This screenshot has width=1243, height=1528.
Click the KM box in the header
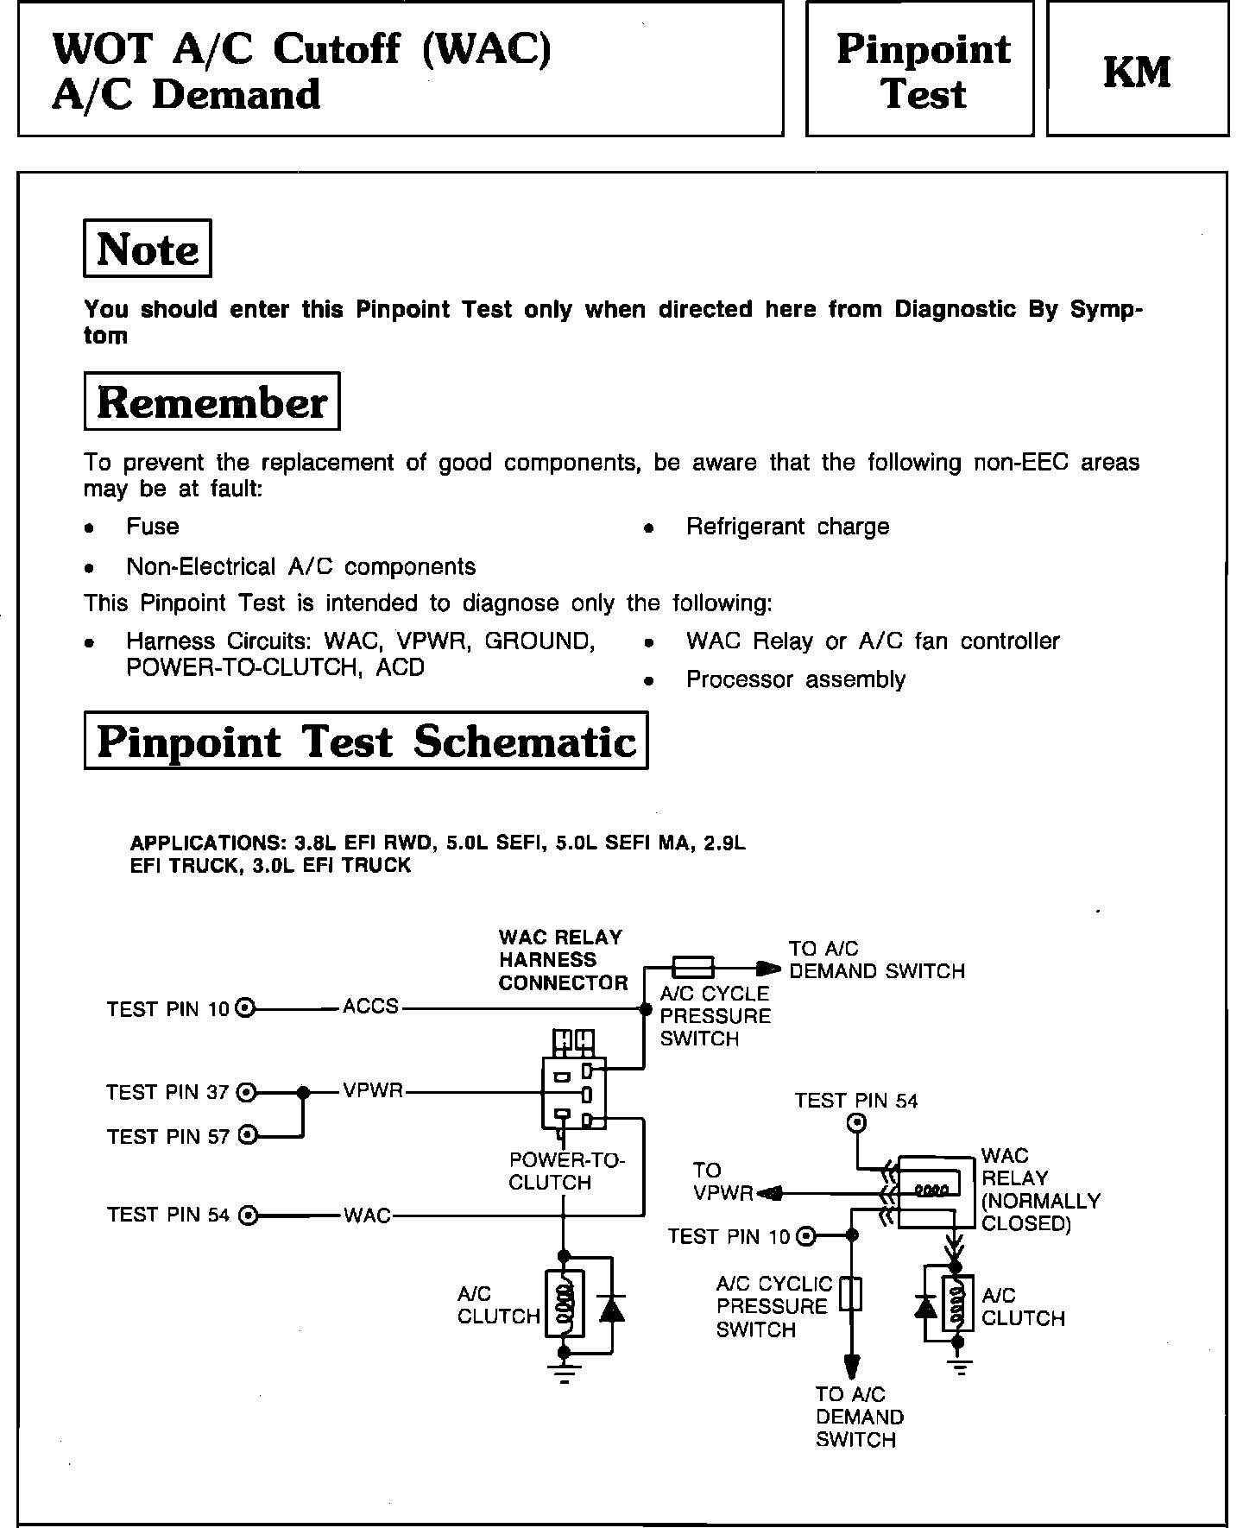coord(1137,69)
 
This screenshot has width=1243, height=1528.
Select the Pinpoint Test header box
coord(919,69)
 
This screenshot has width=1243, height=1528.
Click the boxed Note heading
coord(147,249)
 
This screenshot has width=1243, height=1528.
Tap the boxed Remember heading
coord(211,401)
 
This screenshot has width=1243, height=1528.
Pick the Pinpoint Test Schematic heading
coord(366,741)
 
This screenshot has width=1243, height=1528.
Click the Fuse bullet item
coord(152,527)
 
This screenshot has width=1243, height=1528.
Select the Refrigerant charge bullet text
coord(787,527)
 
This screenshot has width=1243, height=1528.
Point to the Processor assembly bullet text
coord(795,679)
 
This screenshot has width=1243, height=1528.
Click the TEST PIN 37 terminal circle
coord(247,1092)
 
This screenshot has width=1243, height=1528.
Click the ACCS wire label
coord(370,1007)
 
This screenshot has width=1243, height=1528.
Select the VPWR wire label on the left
coord(373,1091)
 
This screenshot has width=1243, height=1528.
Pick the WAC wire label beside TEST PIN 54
coord(367,1215)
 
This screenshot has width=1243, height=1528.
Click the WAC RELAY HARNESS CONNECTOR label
coord(563,960)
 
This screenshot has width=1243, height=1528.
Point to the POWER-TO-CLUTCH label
coord(566,1171)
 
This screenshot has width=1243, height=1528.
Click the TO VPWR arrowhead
coord(767,1194)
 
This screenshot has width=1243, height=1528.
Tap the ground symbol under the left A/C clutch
coord(564,1375)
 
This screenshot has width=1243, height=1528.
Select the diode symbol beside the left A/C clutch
coord(611,1309)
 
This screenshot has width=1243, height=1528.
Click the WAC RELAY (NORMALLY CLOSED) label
coord(1040,1190)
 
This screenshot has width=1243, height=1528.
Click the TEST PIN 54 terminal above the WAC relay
coord(857,1123)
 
